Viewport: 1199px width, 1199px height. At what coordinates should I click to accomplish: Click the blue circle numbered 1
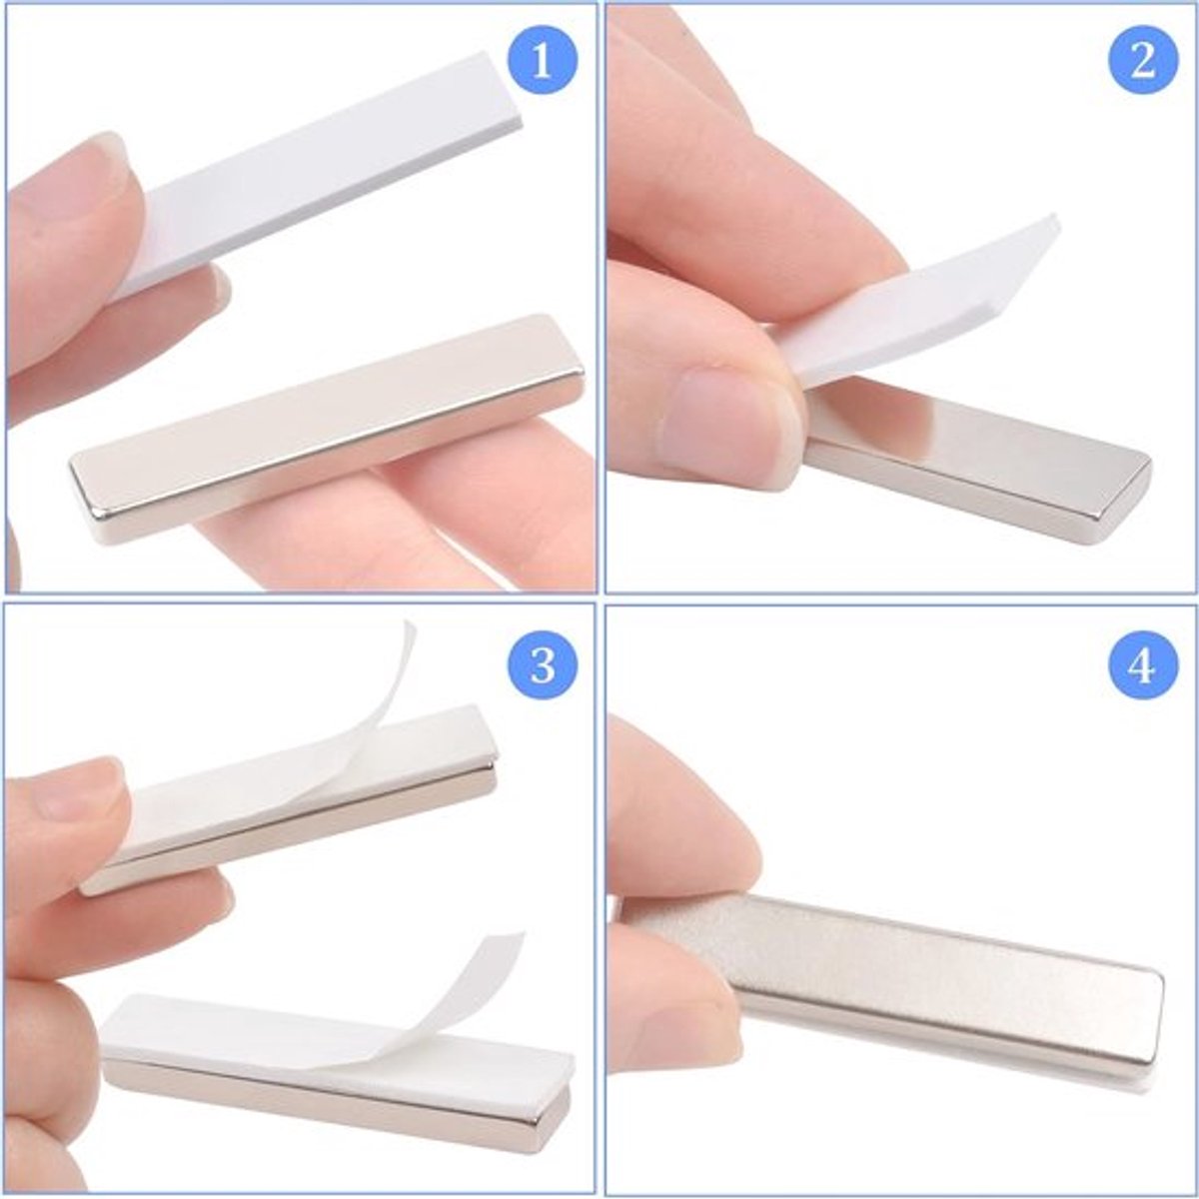pyautogui.click(x=543, y=61)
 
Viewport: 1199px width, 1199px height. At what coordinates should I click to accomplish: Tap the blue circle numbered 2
pyautogui.click(x=1142, y=61)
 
